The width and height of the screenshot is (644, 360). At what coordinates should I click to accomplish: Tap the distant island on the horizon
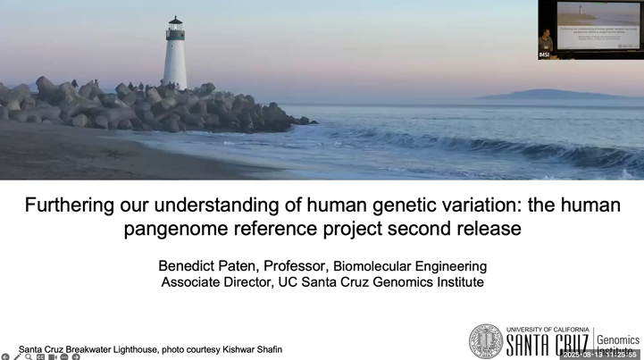pos(536,94)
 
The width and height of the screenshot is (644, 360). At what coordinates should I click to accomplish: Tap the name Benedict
pos(191,266)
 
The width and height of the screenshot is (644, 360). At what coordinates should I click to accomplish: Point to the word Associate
pos(193,282)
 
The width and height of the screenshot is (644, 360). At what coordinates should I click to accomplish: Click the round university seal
pos(486,340)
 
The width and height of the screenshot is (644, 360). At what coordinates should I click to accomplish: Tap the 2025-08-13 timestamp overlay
pos(599,355)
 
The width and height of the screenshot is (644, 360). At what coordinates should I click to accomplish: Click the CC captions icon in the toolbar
pos(40,356)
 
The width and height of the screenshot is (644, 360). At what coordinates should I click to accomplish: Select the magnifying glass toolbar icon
pos(29,356)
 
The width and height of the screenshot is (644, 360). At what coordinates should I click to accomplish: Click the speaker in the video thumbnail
pos(546,40)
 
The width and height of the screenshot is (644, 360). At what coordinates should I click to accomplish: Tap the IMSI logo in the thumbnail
pos(544,55)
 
